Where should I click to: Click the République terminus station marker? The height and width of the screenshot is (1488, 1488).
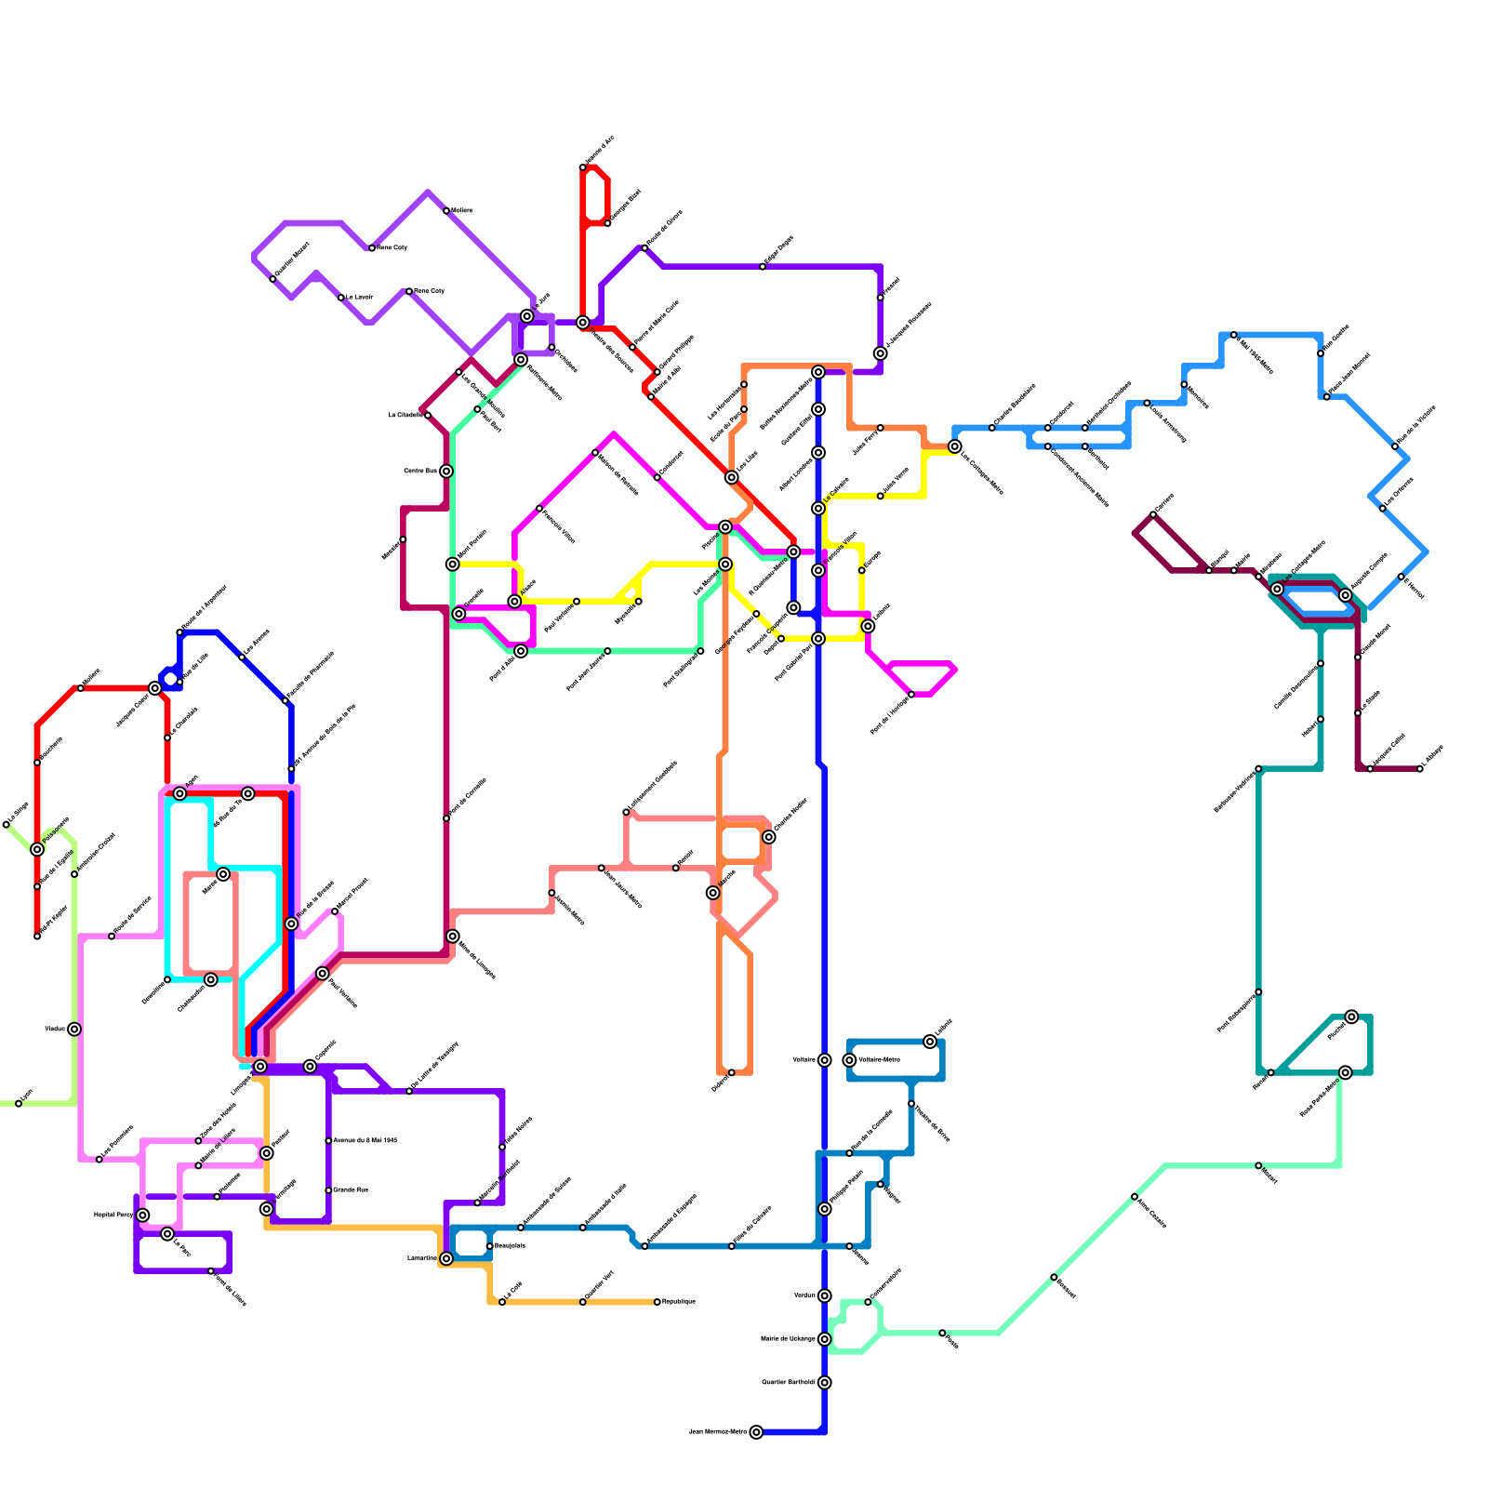[657, 1302]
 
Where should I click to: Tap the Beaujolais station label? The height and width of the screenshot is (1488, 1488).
[510, 1245]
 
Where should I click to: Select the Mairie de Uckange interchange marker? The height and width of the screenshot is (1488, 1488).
[824, 1339]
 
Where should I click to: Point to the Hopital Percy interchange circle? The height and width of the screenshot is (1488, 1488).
[142, 1216]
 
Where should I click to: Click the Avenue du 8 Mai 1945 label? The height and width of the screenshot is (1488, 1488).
[365, 1140]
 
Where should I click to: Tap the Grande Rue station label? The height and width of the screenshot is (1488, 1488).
[351, 1189]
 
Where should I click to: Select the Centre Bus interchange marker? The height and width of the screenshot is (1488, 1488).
[446, 472]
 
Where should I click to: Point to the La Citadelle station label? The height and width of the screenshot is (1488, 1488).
[405, 415]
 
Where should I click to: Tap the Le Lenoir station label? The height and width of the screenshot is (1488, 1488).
[359, 297]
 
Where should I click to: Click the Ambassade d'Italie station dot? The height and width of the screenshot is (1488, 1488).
[583, 1228]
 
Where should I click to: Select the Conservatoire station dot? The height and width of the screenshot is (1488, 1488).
[868, 1302]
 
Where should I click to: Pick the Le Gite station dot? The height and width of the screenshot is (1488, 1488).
[502, 1302]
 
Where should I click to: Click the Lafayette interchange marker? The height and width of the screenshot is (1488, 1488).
[930, 1042]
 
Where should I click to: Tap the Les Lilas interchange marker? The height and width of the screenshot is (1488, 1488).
[732, 477]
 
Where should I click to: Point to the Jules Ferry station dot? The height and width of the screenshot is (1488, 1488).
[880, 428]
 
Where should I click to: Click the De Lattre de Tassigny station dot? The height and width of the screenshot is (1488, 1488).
[409, 1091]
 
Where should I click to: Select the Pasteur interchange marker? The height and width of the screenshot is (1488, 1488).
[267, 1153]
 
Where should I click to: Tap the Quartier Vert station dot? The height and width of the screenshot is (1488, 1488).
[583, 1302]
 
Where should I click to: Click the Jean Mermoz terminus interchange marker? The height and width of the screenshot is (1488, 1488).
[756, 1432]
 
